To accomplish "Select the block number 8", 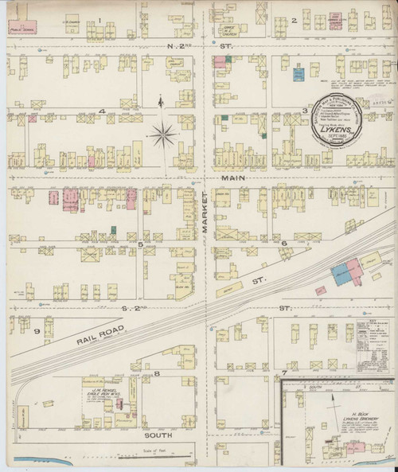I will (157, 373).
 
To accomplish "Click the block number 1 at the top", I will (100, 18).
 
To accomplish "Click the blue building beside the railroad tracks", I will (342, 272).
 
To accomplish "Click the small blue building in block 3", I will (298, 75).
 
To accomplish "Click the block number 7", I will (283, 373).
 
